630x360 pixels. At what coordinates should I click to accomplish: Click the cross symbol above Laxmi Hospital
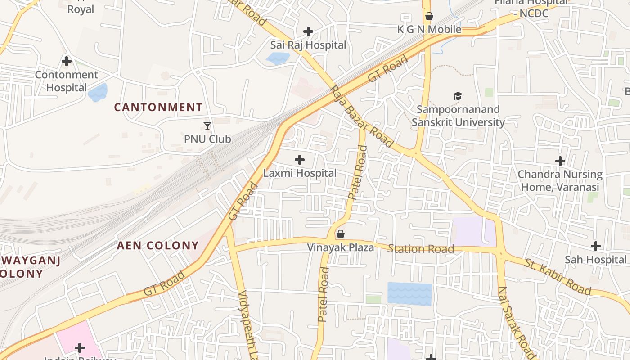[299, 159]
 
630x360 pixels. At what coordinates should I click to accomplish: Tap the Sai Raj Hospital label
[308, 45]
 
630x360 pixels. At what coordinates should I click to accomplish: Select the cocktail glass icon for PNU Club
[207, 126]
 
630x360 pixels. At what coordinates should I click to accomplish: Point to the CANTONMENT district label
[158, 107]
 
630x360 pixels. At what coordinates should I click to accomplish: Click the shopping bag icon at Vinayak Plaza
[341, 234]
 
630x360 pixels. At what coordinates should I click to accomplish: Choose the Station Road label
[421, 249]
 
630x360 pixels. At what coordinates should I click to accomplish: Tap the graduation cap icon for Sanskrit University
[458, 96]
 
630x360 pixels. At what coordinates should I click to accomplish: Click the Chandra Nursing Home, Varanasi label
[560, 180]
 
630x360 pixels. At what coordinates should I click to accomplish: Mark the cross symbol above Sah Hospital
[596, 246]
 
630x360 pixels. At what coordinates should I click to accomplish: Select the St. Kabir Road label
[557, 276]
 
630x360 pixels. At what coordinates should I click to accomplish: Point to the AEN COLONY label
[158, 245]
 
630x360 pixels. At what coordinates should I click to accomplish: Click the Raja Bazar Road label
[361, 116]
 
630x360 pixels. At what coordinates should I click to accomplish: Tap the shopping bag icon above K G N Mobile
[429, 16]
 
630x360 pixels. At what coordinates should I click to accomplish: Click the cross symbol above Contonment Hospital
[67, 61]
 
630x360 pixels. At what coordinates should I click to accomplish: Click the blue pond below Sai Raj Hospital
[278, 58]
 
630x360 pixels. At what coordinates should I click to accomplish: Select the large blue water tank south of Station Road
[409, 294]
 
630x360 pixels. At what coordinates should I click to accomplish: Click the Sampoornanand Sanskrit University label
[458, 116]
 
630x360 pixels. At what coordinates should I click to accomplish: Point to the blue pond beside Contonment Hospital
[98, 93]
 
